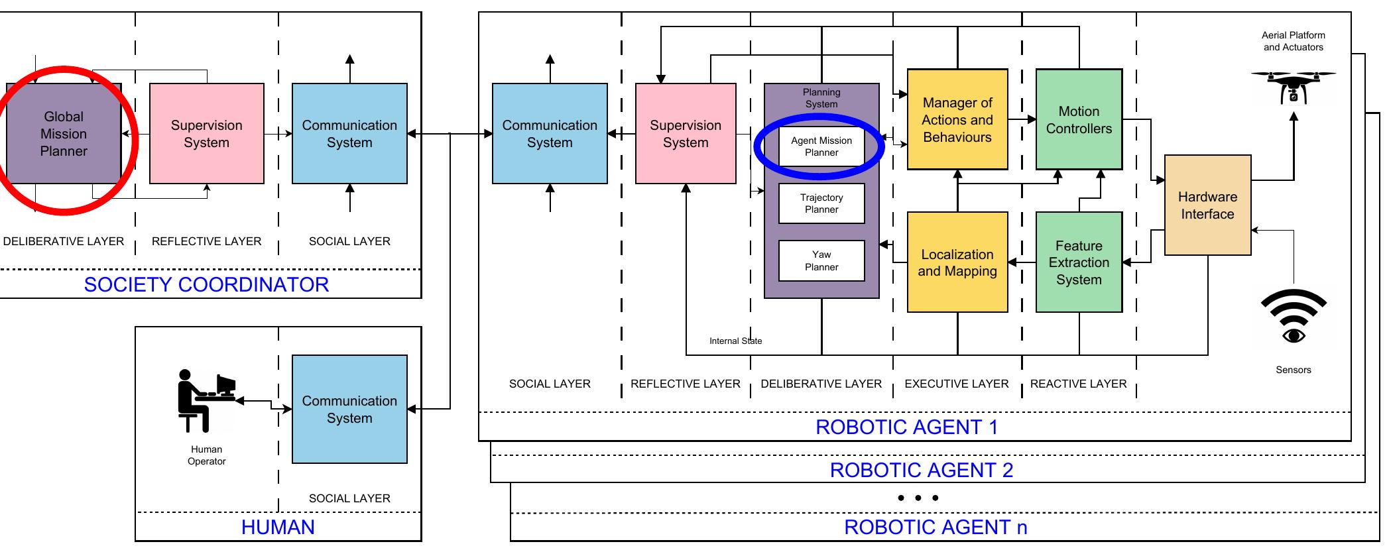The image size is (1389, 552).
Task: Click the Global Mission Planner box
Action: [x=64, y=133]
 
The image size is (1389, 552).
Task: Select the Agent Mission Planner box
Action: [x=821, y=146]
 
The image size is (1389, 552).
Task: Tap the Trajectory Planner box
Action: [x=821, y=203]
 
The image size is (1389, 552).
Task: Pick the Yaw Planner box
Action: [x=821, y=260]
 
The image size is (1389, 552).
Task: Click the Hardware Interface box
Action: [x=1207, y=205]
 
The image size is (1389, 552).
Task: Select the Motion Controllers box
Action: [x=1079, y=119]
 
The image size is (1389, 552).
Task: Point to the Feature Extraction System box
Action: [x=1079, y=262]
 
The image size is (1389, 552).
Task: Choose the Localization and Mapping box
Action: [x=957, y=262]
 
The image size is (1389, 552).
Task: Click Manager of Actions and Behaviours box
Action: [x=957, y=119]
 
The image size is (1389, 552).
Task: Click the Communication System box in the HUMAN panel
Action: [x=349, y=409]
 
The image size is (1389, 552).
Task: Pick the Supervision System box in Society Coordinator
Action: [x=206, y=133]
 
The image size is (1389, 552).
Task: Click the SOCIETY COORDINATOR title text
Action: [x=206, y=285]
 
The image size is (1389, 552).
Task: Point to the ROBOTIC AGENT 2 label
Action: [x=921, y=470]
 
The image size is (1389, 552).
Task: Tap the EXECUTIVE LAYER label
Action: [x=956, y=384]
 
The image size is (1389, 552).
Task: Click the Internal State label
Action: [x=735, y=341]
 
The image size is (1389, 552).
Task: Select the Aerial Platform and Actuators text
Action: [x=1293, y=41]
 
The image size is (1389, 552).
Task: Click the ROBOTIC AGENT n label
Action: [x=935, y=527]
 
